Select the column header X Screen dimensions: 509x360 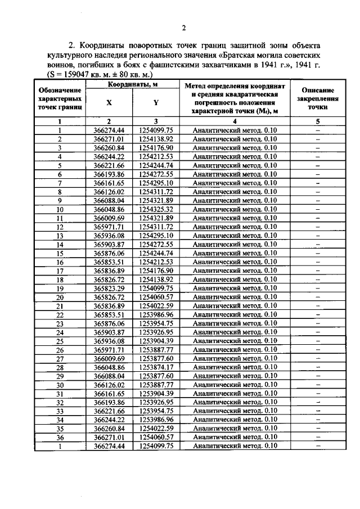(x=109, y=103)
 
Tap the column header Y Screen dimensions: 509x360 (x=156, y=103)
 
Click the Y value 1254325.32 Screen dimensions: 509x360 (x=156, y=209)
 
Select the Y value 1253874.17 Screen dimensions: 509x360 (x=156, y=367)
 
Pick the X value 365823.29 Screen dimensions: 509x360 (x=109, y=288)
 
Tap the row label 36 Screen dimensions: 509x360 (x=59, y=436)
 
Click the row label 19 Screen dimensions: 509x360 (x=59, y=288)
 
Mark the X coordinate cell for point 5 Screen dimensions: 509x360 (x=109, y=165)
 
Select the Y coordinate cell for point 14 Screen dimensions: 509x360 (x=156, y=244)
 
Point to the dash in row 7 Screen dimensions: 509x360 (x=318, y=183)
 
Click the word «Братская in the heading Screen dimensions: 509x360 (x=242, y=57)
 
